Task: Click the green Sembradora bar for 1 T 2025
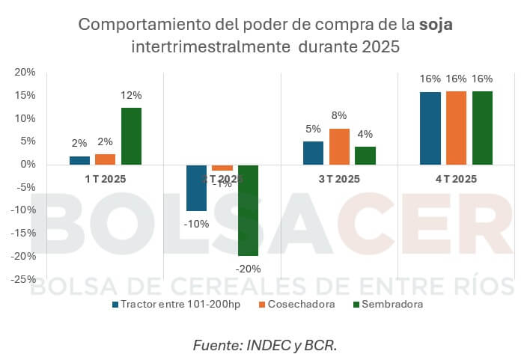click(x=131, y=136)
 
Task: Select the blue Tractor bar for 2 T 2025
click(x=196, y=188)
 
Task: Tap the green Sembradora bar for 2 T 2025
click(x=248, y=210)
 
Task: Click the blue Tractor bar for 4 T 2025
click(x=430, y=128)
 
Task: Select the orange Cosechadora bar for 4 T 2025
click(x=456, y=128)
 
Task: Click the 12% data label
click(x=132, y=96)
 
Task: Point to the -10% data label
click(x=196, y=223)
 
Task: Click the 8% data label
click(x=339, y=116)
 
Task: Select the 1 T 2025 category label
click(x=105, y=179)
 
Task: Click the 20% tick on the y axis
click(x=25, y=73)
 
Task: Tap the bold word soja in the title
click(x=436, y=24)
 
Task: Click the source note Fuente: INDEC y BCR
click(x=264, y=345)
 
